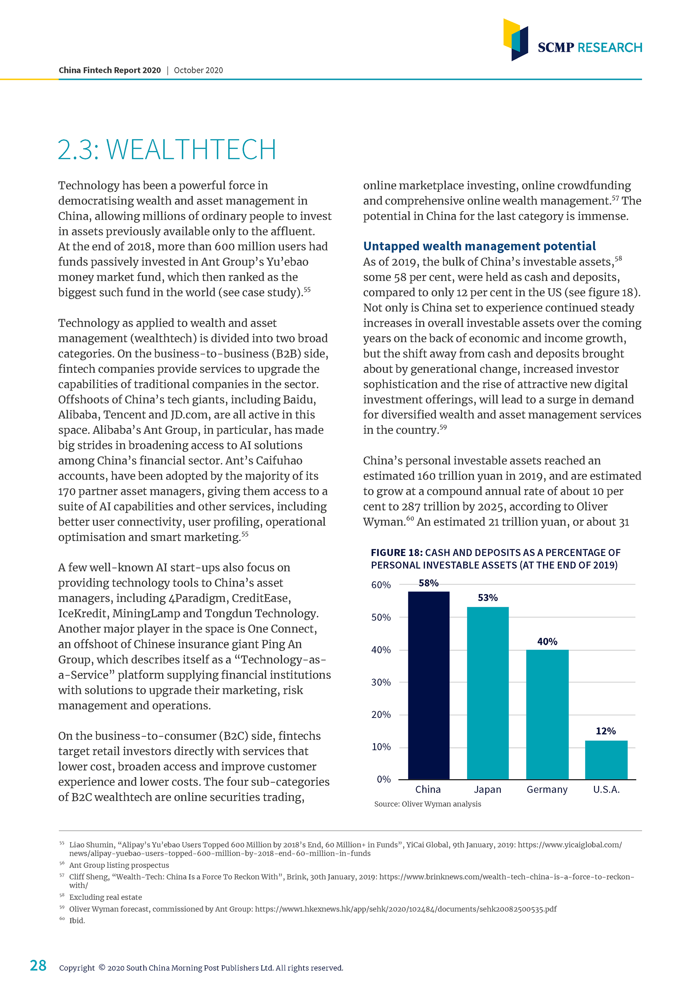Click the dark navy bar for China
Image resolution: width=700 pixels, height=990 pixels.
pyautogui.click(x=428, y=685)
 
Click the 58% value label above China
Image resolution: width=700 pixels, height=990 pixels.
pyautogui.click(x=428, y=583)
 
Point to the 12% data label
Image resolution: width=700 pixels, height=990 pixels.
pyautogui.click(x=606, y=731)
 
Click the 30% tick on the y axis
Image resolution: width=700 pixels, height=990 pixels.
pyautogui.click(x=381, y=682)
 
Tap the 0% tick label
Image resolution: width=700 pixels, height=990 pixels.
pyautogui.click(x=384, y=779)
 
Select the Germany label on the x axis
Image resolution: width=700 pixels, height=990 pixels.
pyautogui.click(x=547, y=789)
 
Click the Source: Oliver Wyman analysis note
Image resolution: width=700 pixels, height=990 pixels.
pyautogui.click(x=428, y=804)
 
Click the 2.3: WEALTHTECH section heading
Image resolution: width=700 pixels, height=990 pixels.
pyautogui.click(x=167, y=150)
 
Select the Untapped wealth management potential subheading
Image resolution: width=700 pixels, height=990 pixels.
pyautogui.click(x=479, y=246)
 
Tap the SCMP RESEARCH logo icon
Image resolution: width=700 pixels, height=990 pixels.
pyautogui.click(x=516, y=40)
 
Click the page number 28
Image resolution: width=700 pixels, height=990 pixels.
pyautogui.click(x=38, y=965)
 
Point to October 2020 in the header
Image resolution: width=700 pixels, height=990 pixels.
pyautogui.click(x=198, y=70)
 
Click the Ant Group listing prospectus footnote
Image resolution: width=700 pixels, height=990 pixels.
pyautogui.click(x=119, y=865)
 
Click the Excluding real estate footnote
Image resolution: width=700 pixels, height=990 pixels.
pyautogui.click(x=106, y=897)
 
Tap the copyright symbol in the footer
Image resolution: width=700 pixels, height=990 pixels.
pyautogui.click(x=102, y=967)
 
